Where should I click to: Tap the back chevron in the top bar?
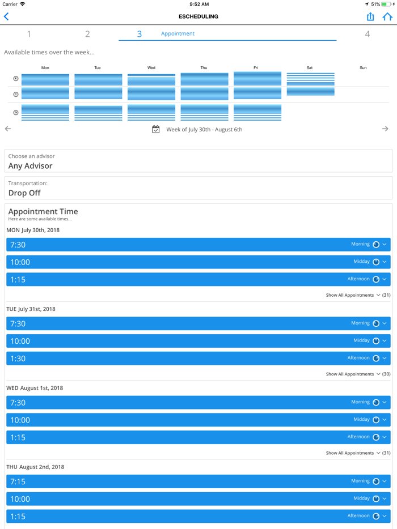[x=7, y=17]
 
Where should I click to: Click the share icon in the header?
[x=370, y=17]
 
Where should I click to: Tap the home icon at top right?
[x=387, y=17]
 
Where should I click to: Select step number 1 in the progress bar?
[x=29, y=34]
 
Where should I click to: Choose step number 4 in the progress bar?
[x=367, y=34]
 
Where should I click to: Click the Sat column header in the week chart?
[x=309, y=68]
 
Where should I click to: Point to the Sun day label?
[x=363, y=68]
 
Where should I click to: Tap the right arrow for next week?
[x=385, y=129]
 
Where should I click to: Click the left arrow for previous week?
[x=8, y=129]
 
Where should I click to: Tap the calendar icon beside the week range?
[x=156, y=130]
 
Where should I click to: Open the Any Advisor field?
[x=198, y=161]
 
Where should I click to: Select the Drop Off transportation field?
[x=198, y=189]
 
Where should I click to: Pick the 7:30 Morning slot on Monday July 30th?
[x=198, y=245]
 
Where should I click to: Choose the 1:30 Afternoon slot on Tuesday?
[x=198, y=358]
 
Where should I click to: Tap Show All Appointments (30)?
[x=358, y=374]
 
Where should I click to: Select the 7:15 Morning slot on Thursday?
[x=198, y=481]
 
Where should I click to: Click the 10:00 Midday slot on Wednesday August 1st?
[x=198, y=420]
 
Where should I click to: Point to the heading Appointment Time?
[x=43, y=211]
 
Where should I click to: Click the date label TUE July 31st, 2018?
[x=31, y=309]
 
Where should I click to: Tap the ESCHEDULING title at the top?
[x=198, y=17]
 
